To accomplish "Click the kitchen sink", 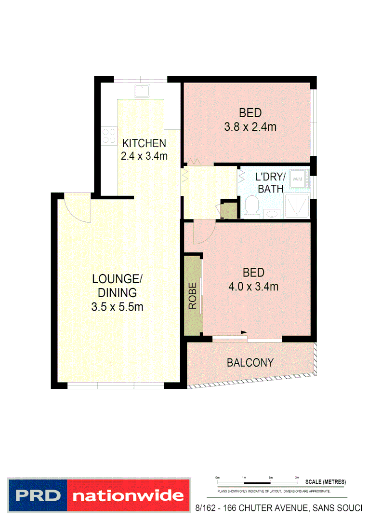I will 143,90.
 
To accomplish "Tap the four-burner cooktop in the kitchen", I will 108,136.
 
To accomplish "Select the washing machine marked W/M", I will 298,179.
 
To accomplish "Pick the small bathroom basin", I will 271,213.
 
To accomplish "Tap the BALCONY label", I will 250,362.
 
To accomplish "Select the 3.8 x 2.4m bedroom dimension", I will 250,127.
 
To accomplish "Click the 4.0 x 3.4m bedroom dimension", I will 253,287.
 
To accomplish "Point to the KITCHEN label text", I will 144,143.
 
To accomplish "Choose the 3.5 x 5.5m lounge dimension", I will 118,306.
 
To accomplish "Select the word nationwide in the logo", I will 128,495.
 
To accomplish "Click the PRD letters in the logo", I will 37,495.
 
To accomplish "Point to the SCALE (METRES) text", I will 325,482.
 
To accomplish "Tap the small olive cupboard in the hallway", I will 229,209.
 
